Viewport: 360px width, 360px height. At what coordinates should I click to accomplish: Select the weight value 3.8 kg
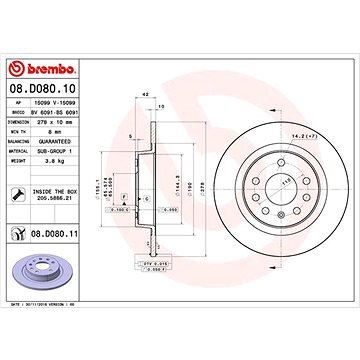[x=49, y=150]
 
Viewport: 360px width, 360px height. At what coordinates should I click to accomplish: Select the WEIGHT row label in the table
[x=18, y=150]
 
